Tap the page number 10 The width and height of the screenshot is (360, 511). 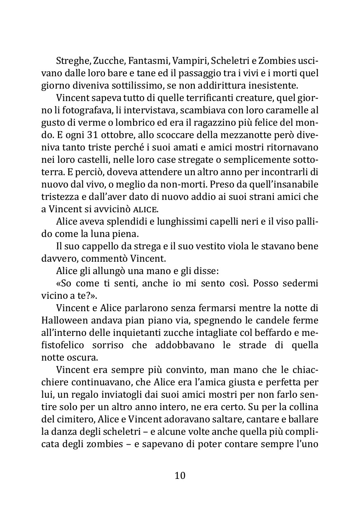[x=180, y=475]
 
